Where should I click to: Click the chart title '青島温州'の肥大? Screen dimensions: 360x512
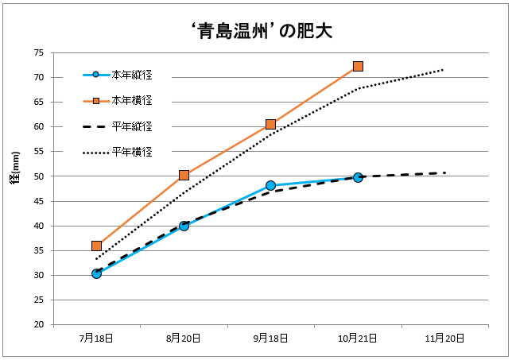click(256, 30)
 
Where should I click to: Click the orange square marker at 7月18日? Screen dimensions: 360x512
click(97, 246)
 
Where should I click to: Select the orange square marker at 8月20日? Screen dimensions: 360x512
click(184, 175)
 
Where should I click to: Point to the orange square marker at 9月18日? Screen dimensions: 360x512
click(270, 124)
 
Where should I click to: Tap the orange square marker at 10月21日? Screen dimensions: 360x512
click(358, 66)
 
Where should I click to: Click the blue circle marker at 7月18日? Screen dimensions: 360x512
click(97, 273)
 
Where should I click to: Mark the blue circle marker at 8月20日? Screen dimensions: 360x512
click(184, 226)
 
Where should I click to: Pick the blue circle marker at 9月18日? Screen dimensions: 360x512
click(270, 185)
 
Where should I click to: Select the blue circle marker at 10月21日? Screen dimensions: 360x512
click(358, 177)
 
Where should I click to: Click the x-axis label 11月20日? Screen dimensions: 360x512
click(444, 338)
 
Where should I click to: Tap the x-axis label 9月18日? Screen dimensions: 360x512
click(270, 338)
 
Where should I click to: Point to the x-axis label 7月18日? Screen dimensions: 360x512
click(97, 338)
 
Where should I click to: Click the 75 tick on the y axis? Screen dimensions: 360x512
click(38, 52)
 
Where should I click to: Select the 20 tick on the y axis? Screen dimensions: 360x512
click(38, 325)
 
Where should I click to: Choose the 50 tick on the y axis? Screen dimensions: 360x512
click(38, 176)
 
